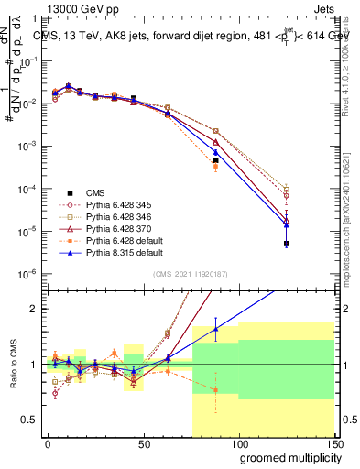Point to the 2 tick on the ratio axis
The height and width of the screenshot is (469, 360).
coord(34,309)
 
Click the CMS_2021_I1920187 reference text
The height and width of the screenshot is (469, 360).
coord(191,274)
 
